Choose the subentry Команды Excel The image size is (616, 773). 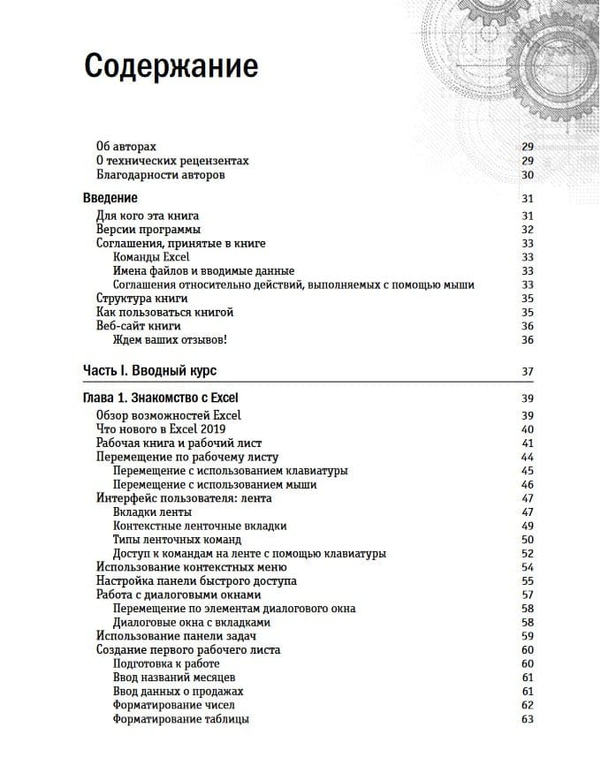151,257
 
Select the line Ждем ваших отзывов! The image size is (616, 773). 170,340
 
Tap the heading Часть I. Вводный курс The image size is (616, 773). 149,370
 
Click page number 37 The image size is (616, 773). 528,371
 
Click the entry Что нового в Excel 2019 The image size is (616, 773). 161,429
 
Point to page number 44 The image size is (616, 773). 528,458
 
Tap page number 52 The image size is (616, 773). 528,554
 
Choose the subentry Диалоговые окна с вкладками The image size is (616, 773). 192,623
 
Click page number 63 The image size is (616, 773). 528,720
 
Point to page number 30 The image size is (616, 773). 528,175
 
